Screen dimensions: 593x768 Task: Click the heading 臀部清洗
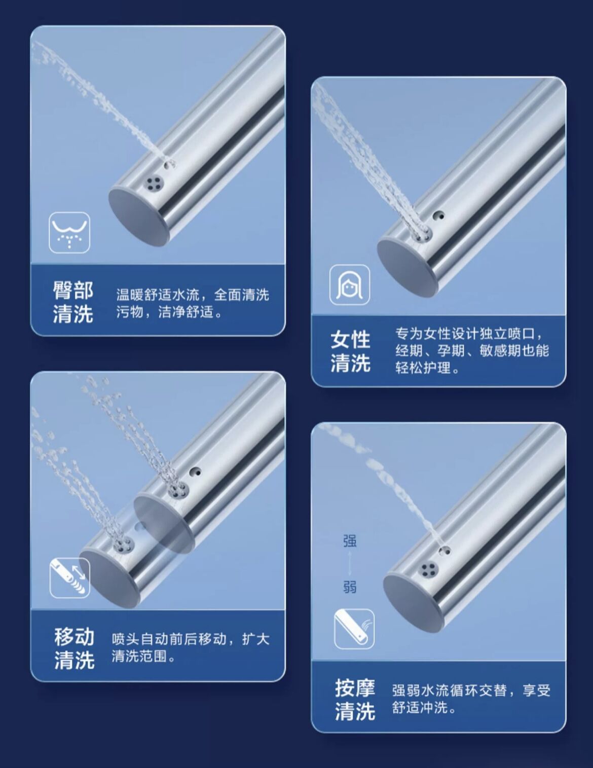click(x=73, y=302)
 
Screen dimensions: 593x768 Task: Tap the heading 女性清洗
click(x=351, y=351)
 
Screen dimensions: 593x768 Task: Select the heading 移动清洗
click(x=74, y=648)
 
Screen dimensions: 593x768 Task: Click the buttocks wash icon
click(x=69, y=232)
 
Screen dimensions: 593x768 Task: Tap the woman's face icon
click(x=350, y=285)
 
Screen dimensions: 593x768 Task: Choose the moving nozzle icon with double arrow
click(x=69, y=578)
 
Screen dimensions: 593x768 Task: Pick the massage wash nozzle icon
click(x=354, y=629)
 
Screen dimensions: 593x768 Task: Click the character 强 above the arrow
click(x=350, y=541)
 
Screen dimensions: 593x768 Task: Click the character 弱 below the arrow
click(x=350, y=587)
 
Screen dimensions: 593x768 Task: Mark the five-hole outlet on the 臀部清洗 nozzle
click(x=154, y=182)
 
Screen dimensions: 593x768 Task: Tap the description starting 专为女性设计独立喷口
click(x=472, y=351)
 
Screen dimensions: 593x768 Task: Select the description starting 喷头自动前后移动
click(x=191, y=648)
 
